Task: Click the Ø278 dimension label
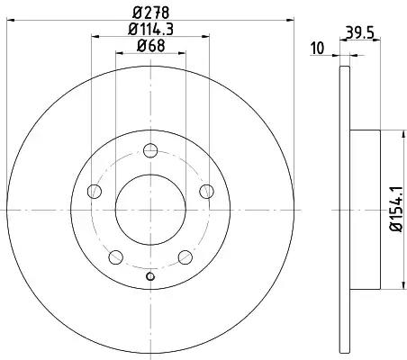coord(151,13)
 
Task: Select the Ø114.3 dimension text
coord(151,30)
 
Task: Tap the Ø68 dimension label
coord(151,46)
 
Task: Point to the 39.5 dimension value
coord(360,32)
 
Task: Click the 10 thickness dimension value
coord(318,49)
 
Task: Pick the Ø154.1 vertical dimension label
coord(396,209)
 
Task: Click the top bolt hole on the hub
coord(150,150)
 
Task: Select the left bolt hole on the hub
coord(95,191)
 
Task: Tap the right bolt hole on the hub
coord(206,191)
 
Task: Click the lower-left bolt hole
coord(115,257)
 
